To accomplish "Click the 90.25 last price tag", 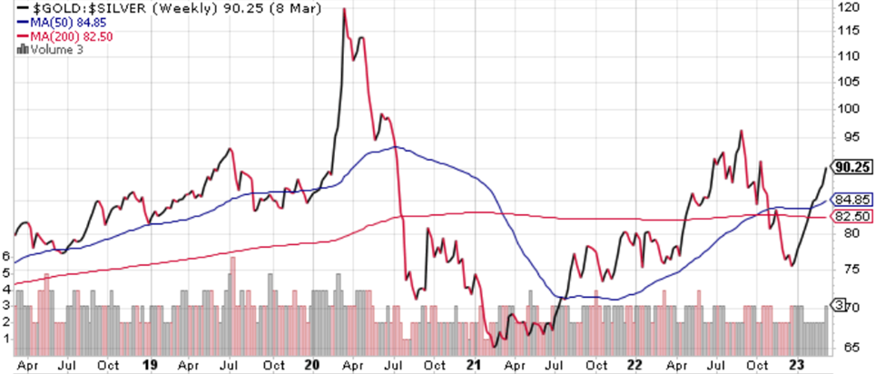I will (853, 168).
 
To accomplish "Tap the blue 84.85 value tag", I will (852, 200).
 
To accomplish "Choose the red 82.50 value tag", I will (852, 216).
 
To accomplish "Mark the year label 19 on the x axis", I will (152, 366).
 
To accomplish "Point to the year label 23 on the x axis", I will (793, 366).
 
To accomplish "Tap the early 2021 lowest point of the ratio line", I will (495, 346).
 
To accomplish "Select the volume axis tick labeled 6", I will (6, 257).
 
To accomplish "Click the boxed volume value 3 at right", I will (840, 304).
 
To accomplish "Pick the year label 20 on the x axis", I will (313, 366).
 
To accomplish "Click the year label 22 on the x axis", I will (634, 366).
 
